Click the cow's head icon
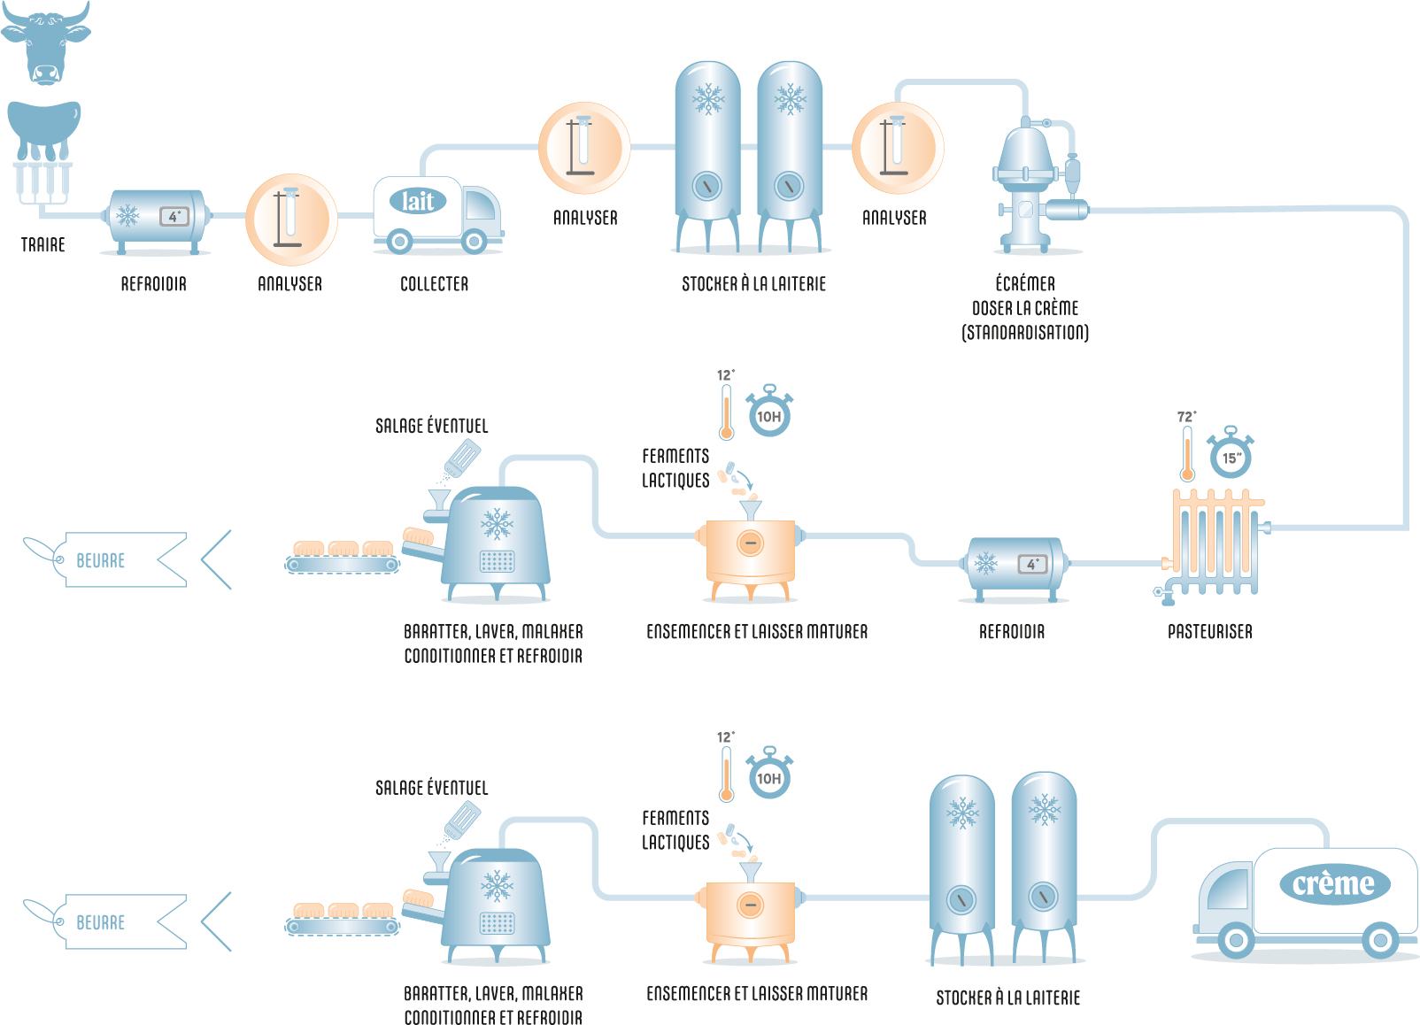45,43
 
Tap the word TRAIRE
42,244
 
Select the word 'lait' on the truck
418,201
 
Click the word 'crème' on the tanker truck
1333,883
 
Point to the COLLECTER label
434,284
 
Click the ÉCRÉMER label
1025,283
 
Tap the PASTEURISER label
1209,632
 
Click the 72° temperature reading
1186,417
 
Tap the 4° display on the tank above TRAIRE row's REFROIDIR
174,216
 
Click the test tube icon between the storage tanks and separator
897,148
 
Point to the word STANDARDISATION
1025,333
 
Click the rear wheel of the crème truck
1379,940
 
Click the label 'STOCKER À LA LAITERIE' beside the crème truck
1007,998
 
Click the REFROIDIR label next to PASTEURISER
1011,632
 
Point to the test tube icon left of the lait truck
290,220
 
